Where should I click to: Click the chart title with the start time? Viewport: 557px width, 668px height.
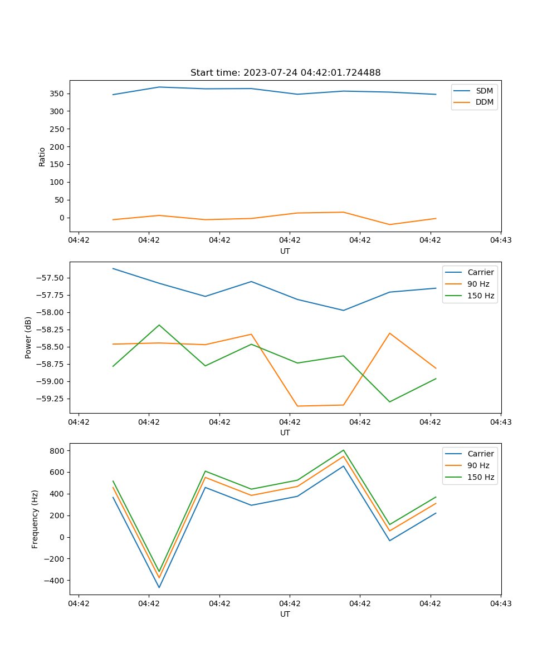point(285,73)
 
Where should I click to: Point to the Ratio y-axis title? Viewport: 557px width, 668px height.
point(42,156)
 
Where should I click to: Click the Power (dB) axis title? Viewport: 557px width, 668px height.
point(28,337)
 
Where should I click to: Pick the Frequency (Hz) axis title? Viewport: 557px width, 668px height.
point(35,519)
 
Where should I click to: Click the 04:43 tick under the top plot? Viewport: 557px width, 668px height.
point(501,240)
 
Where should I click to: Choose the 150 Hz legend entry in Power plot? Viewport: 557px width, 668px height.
point(481,296)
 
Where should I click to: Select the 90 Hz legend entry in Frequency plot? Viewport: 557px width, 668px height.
point(478,465)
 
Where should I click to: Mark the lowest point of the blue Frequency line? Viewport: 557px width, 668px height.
point(159,587)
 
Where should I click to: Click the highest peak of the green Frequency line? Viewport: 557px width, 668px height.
point(344,450)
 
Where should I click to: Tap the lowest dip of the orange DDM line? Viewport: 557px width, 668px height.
point(389,224)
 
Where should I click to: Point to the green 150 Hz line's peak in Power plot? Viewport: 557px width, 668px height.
point(159,325)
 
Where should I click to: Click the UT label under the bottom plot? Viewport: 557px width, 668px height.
point(285,614)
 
